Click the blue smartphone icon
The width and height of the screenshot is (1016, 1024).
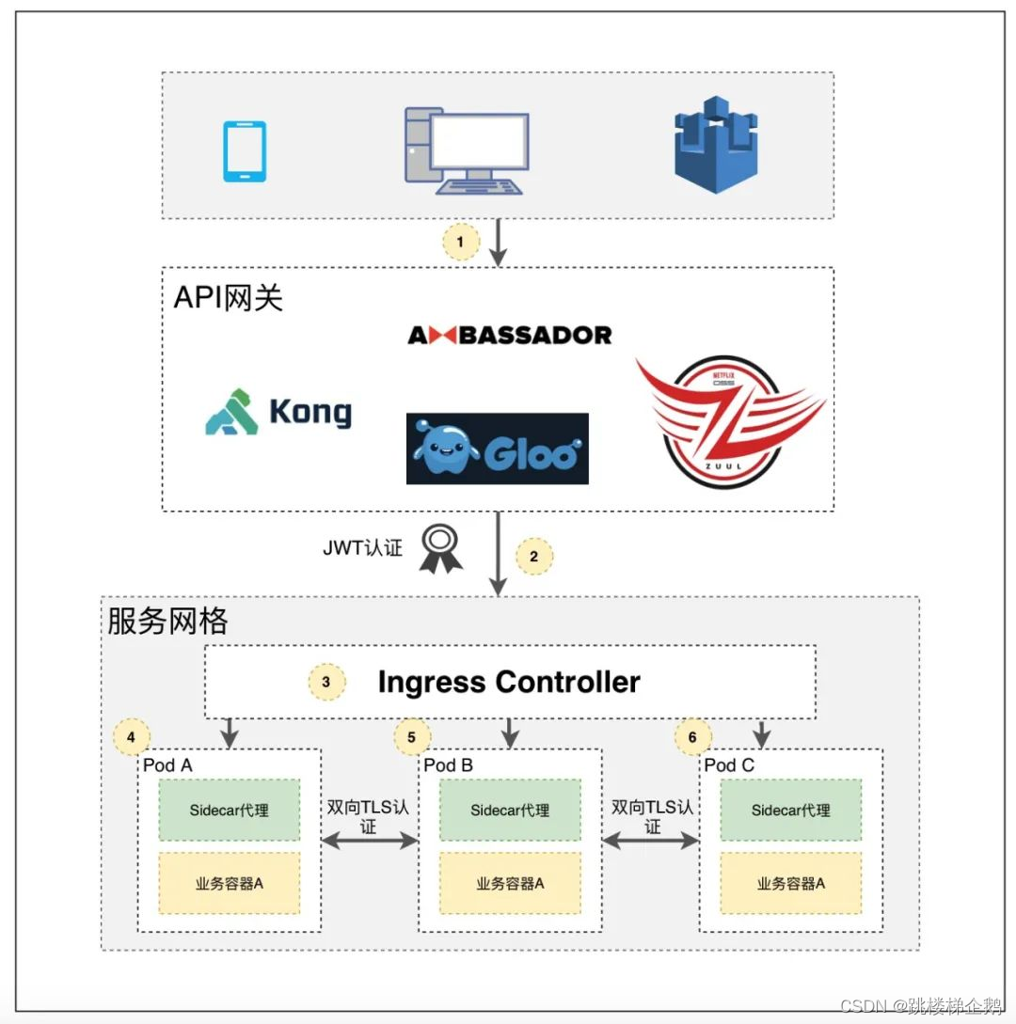[x=244, y=150]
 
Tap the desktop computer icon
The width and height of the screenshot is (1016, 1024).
[x=467, y=150]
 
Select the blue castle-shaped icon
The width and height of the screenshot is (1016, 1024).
[x=716, y=150]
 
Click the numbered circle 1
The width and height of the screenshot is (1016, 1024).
[x=460, y=242]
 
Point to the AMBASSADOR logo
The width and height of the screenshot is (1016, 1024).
[x=509, y=335]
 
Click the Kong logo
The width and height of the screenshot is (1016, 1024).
[x=278, y=413]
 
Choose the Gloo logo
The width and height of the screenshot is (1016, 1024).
[x=497, y=449]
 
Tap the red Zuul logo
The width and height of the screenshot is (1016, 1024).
[x=730, y=421]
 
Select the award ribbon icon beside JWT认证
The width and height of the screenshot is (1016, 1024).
[x=440, y=549]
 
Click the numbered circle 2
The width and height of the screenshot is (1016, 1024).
[x=533, y=556]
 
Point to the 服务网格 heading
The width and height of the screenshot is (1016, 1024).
[x=167, y=622]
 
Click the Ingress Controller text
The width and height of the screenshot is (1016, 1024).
[x=509, y=682]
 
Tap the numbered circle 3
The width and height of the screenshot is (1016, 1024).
[x=326, y=682]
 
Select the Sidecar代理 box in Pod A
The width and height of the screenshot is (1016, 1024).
[x=229, y=810]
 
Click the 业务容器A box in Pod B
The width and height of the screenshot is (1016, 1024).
[x=510, y=883]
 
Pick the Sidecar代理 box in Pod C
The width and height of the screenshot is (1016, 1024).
[x=790, y=810]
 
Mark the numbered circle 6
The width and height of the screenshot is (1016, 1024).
[x=692, y=737]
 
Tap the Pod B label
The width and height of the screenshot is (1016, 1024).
[x=448, y=765]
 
